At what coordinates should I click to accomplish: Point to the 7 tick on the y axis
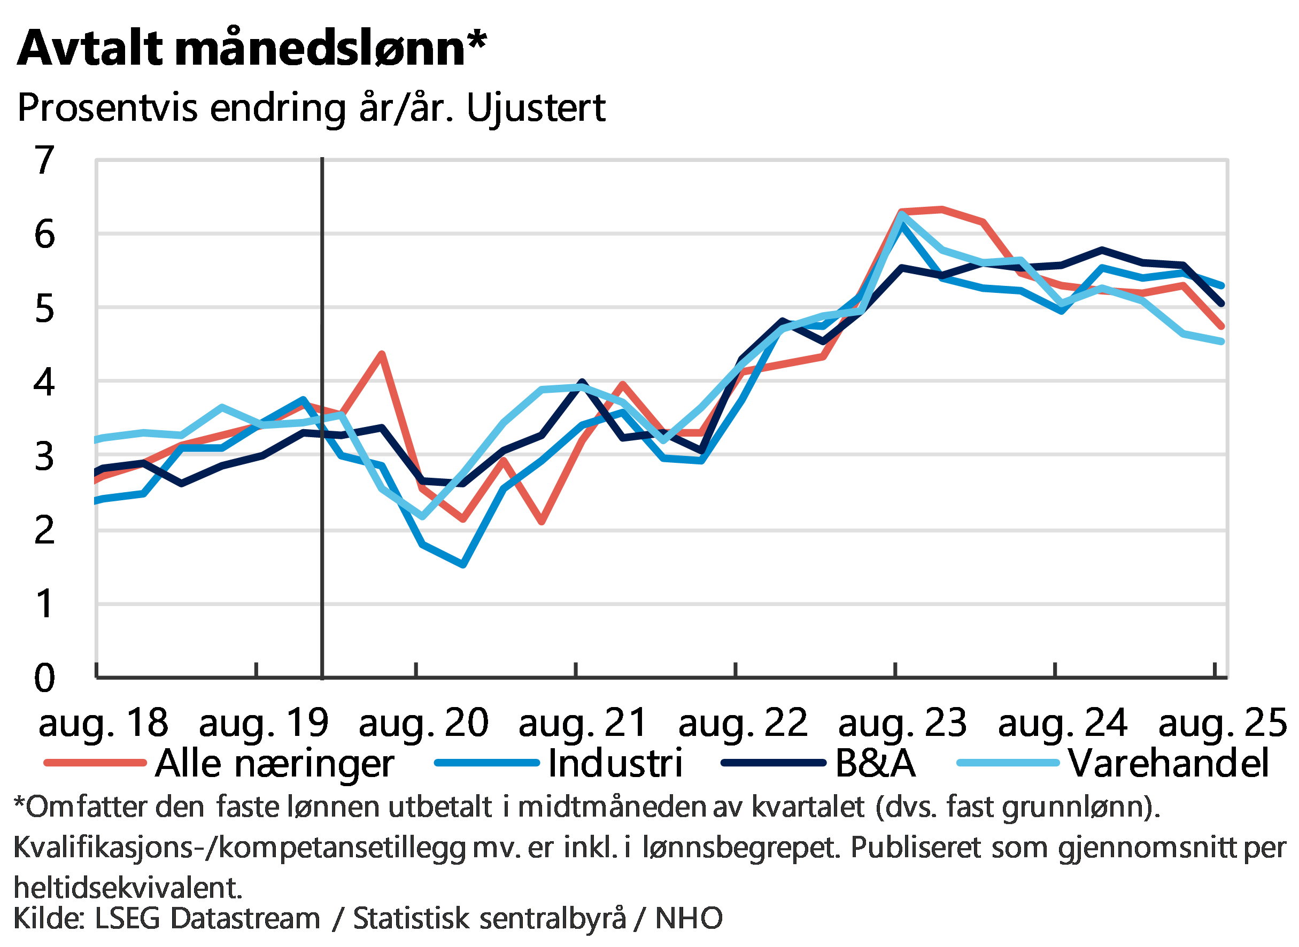(45, 160)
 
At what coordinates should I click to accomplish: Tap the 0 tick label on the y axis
(45, 678)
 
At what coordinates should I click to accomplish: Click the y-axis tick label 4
(45, 380)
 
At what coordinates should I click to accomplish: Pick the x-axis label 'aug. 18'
(103, 724)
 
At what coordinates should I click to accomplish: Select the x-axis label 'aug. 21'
(583, 724)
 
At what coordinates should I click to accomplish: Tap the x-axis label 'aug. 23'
(902, 724)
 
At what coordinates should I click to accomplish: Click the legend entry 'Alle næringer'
(274, 764)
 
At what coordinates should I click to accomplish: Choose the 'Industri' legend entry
(616, 764)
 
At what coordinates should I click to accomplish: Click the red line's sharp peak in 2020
(382, 354)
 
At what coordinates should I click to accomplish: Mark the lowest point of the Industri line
(462, 565)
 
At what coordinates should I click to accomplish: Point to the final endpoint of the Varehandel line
(1222, 341)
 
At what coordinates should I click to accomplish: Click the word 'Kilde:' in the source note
(49, 918)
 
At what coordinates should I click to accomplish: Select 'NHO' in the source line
(689, 918)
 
